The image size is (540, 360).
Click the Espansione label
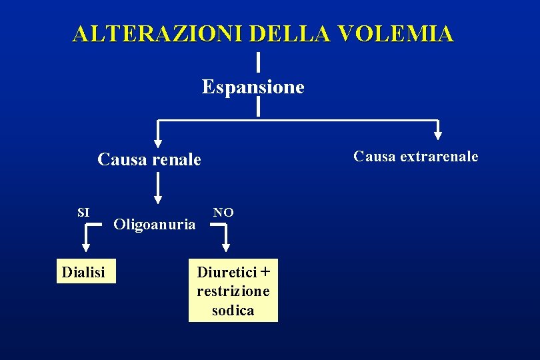click(253, 87)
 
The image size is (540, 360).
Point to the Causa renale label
click(149, 160)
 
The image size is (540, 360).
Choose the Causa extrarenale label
click(415, 157)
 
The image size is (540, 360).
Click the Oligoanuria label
click(155, 224)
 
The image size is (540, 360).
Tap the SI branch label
click(83, 213)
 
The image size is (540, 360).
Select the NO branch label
click(223, 213)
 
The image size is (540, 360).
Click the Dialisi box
click(86, 271)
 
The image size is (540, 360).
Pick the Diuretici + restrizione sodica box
click(233, 291)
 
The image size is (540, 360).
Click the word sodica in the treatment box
click(233, 310)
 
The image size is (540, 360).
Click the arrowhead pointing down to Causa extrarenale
click(437, 134)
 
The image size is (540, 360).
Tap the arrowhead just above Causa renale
click(157, 141)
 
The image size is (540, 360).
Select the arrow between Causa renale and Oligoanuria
click(158, 187)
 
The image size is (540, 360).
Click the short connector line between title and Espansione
click(258, 62)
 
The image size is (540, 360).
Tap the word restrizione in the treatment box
click(233, 291)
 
